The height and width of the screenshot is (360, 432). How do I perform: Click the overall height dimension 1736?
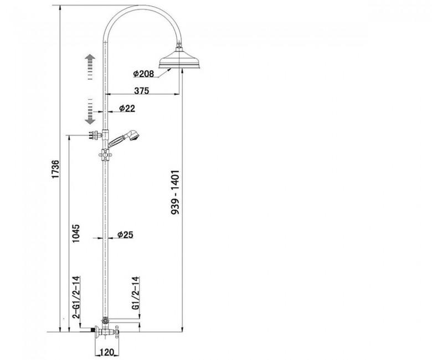[x=55, y=168]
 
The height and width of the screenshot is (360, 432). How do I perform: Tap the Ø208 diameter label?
[x=143, y=74]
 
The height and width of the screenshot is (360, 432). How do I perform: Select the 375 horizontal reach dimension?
[x=142, y=91]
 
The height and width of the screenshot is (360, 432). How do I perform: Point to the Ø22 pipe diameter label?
[x=127, y=108]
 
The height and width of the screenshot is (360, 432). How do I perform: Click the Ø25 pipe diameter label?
[x=125, y=235]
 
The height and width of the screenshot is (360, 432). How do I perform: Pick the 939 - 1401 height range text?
[x=175, y=192]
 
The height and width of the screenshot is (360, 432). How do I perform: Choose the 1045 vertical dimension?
[x=76, y=233]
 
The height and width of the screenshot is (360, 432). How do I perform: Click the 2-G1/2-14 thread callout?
[x=76, y=297]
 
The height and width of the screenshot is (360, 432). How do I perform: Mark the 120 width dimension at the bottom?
[x=107, y=352]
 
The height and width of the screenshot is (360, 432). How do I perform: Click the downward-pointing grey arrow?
[x=90, y=111]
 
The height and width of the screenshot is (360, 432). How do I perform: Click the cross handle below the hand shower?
[x=105, y=155]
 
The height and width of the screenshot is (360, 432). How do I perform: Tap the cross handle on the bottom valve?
[x=117, y=332]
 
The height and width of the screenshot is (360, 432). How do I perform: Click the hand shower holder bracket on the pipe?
[x=95, y=135]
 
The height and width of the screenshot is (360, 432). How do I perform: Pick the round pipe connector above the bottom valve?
[x=105, y=320]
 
